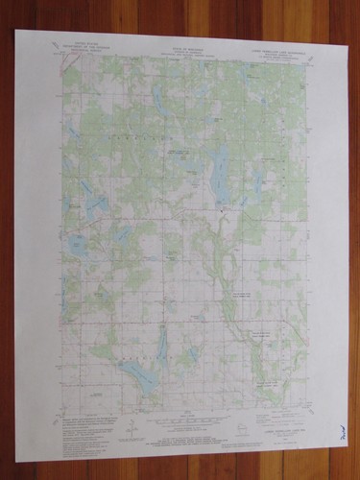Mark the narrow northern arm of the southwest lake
point(161,346)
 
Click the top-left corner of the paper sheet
point(16,30)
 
